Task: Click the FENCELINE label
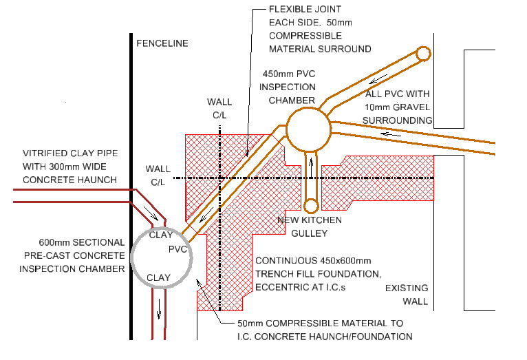(x=162, y=43)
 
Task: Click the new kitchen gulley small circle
(x=311, y=205)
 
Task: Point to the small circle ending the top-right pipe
(x=422, y=53)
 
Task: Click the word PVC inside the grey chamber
(x=178, y=247)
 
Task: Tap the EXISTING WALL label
(x=406, y=295)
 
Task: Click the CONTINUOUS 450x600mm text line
(x=313, y=262)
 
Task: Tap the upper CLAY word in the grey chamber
(x=160, y=235)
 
